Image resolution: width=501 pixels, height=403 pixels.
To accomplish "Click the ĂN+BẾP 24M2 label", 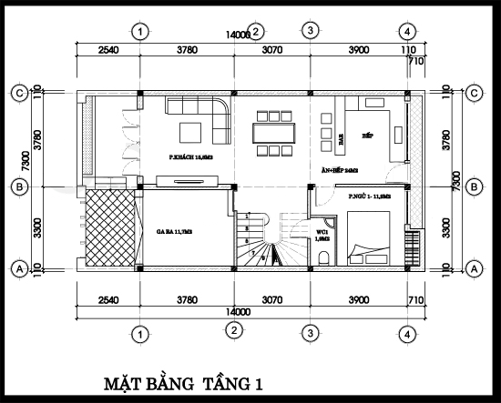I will pos(339,170).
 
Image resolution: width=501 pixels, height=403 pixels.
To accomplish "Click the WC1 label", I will pos(322,236).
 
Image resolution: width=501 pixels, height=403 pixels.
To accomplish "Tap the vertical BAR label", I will pos(341,139).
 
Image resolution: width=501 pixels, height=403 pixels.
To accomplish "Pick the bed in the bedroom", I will pos(373,241).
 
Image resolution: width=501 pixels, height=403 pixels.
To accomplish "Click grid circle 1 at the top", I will pos(139,31).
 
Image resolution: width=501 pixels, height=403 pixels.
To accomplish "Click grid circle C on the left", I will pos(17,92).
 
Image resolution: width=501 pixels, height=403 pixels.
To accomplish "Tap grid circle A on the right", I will pos(473,268).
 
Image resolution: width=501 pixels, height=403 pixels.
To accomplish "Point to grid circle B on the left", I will pos(17,186).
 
